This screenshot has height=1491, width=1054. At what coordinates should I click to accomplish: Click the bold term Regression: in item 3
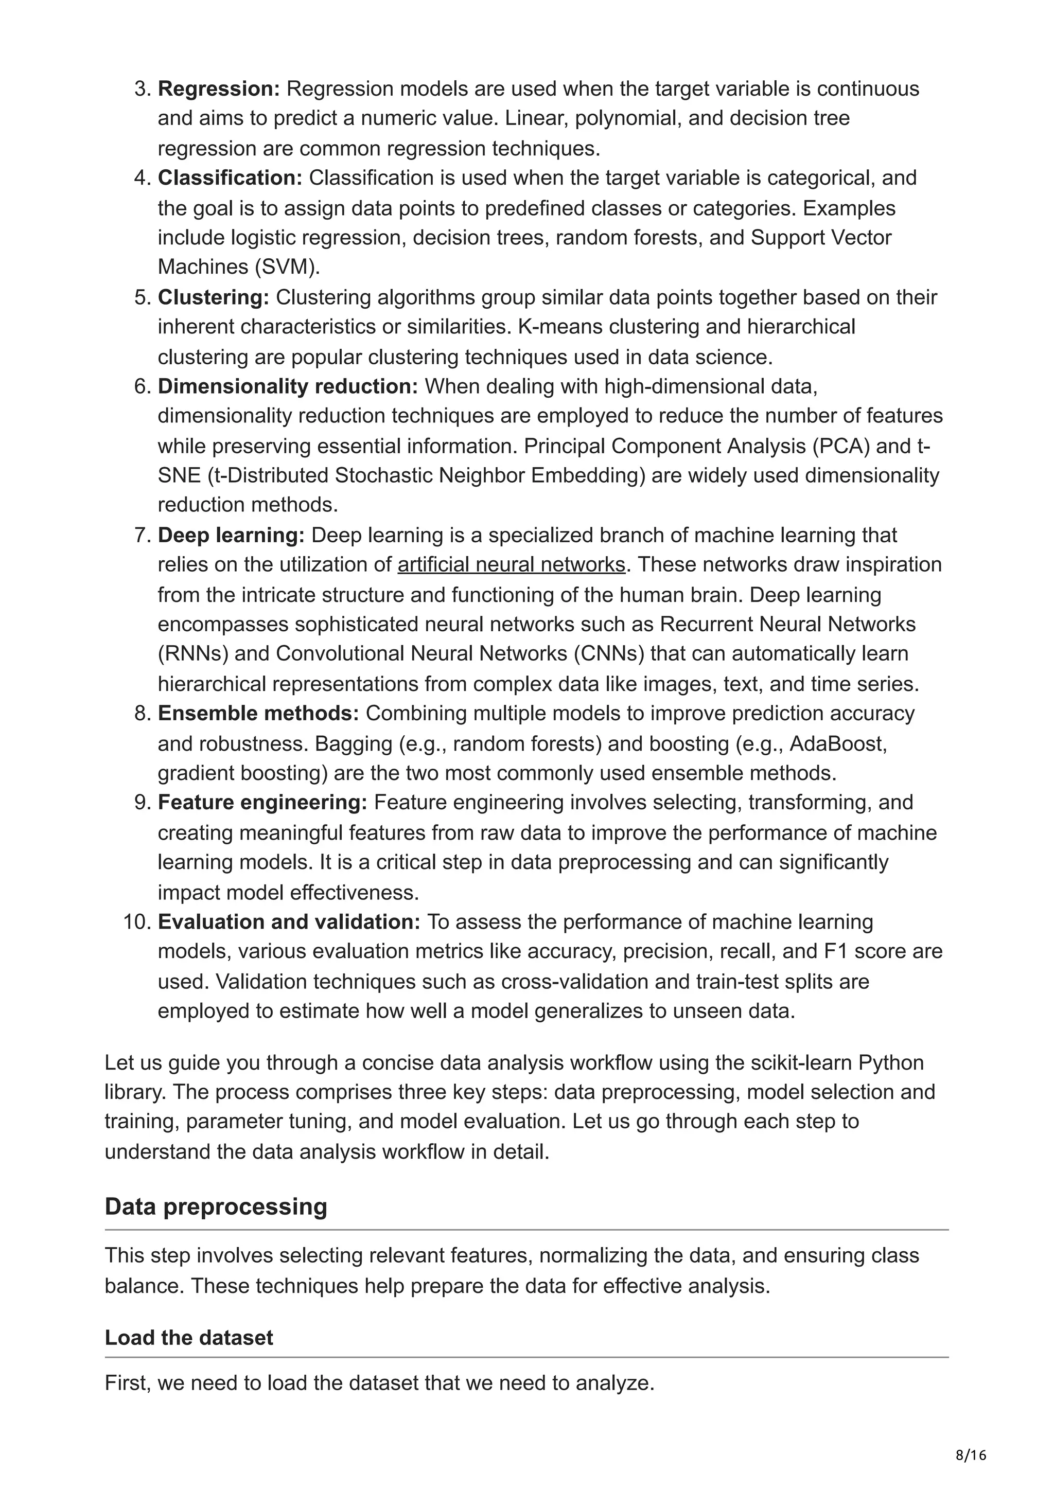pos(218,88)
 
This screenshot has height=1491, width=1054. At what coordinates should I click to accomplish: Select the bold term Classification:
pos(230,177)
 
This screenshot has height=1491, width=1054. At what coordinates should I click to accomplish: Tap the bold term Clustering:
pos(213,297)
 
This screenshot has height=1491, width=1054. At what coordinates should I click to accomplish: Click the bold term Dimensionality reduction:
pos(288,386)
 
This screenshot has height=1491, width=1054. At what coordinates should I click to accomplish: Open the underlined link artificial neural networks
pos(511,564)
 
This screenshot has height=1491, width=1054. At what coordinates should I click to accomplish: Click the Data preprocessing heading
pos(216,1206)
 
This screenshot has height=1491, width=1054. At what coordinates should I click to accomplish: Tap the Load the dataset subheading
pos(189,1337)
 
